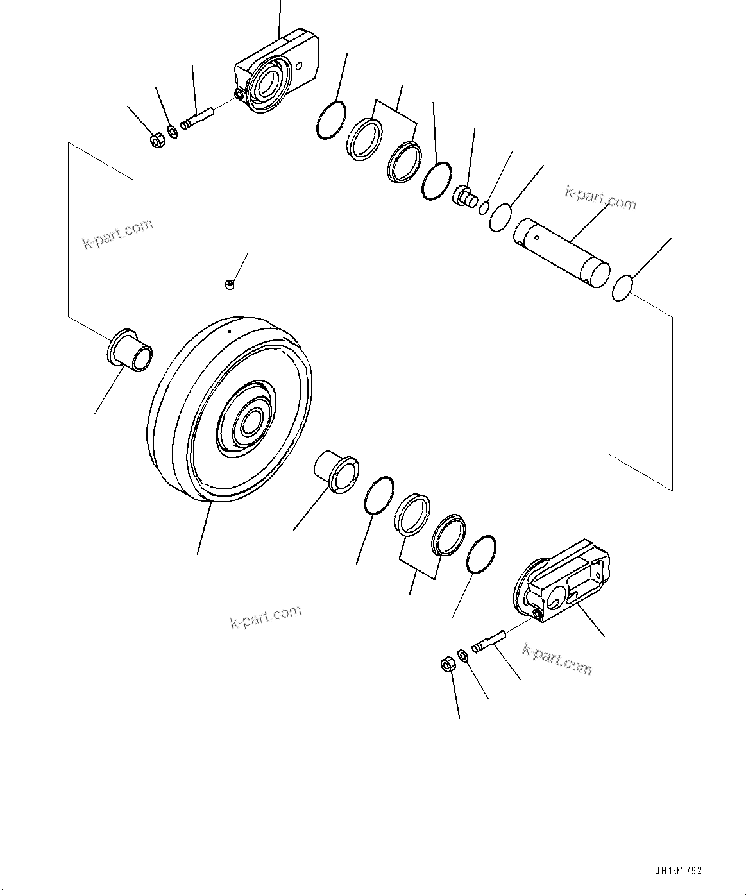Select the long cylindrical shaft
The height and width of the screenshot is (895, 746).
[x=561, y=251]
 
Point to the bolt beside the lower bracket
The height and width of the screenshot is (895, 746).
[x=489, y=641]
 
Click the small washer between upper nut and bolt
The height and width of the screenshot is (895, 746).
[x=172, y=133]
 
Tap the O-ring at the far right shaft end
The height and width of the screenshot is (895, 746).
[x=622, y=287]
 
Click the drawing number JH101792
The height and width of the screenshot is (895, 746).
[x=678, y=871]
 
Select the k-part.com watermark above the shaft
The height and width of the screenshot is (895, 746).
[x=600, y=199]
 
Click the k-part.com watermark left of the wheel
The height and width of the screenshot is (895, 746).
[x=118, y=234]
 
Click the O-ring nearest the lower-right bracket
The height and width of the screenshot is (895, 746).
[x=481, y=554]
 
